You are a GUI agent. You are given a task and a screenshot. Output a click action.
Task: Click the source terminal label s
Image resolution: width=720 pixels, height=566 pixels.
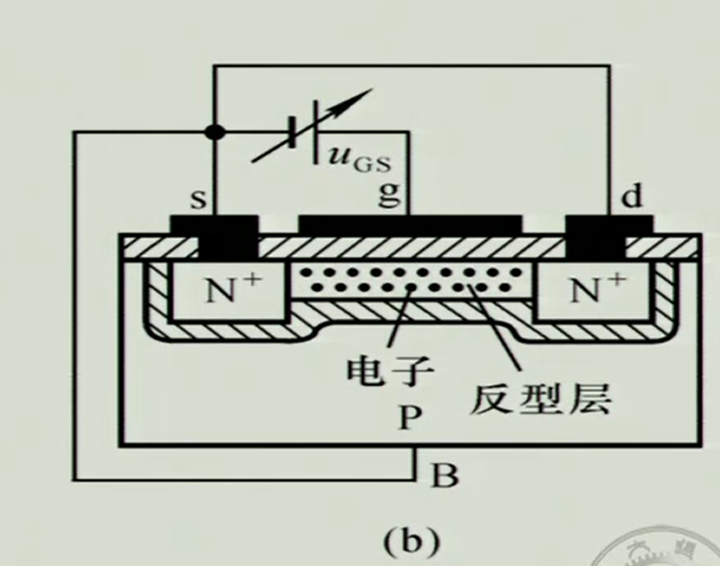[x=199, y=199]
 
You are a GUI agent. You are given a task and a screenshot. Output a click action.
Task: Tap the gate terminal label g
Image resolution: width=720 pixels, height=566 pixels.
[x=390, y=195]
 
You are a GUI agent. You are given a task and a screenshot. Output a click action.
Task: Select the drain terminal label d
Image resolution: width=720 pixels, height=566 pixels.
[x=632, y=197]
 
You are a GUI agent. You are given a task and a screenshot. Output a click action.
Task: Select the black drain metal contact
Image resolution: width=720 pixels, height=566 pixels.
[x=595, y=236]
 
